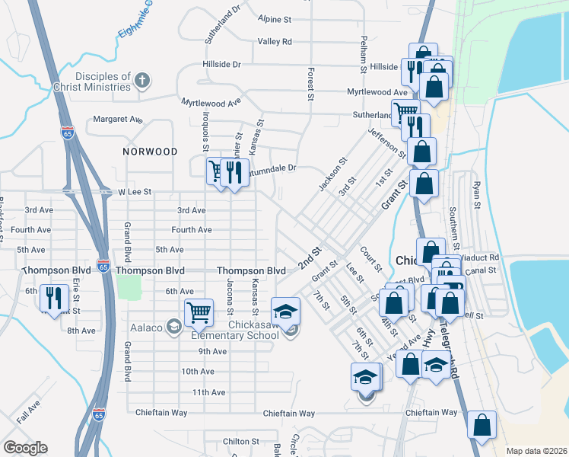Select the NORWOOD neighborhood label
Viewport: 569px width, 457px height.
tap(150, 152)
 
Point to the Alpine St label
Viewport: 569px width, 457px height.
tap(275, 19)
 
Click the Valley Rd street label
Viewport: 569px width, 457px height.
tap(275, 42)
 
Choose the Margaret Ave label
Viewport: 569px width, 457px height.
tap(118, 120)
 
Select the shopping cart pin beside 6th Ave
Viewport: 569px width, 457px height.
tap(198, 311)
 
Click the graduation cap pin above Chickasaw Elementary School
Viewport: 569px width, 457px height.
tap(285, 309)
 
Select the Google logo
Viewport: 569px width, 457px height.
tap(25, 448)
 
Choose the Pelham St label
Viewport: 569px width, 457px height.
tap(364, 50)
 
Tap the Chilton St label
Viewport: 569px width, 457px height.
tap(241, 442)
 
